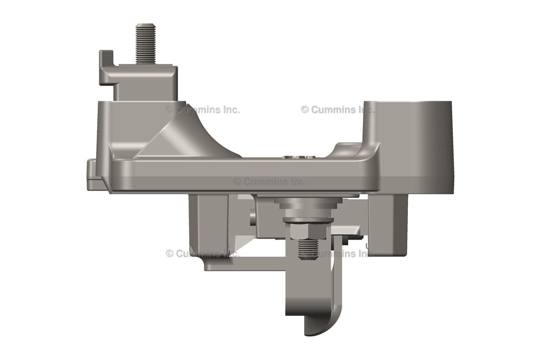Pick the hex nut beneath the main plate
(x=306, y=230)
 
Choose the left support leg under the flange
(x=209, y=222)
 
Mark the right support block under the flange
(x=388, y=222)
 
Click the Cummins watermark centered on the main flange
(x=269, y=181)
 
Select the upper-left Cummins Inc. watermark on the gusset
(x=203, y=110)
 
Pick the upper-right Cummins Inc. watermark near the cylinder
(x=338, y=110)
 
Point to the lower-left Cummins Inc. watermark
(x=203, y=253)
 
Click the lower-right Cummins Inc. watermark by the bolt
(x=341, y=253)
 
